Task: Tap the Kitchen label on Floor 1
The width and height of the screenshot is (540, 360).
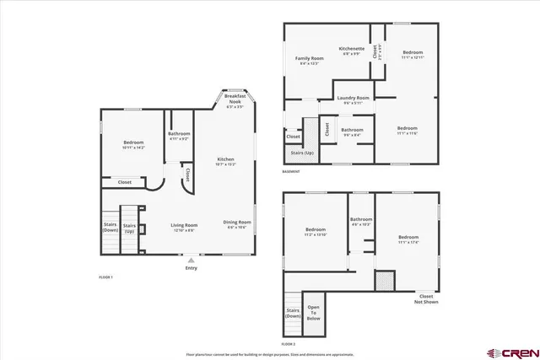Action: tap(225, 159)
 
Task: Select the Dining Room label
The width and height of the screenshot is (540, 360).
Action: tap(237, 223)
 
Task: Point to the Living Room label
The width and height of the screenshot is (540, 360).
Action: tap(184, 225)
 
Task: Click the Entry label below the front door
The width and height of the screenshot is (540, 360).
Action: tap(192, 268)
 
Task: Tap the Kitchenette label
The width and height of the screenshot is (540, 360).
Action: tap(352, 49)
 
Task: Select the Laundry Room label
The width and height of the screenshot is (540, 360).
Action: tap(354, 99)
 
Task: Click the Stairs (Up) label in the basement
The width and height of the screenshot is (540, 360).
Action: tap(302, 153)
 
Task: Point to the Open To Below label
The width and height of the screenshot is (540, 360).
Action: tap(313, 312)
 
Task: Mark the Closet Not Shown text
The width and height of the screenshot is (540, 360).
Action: tap(426, 298)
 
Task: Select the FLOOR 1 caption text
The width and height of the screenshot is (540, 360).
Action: tap(106, 277)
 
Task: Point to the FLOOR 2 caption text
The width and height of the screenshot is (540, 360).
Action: tap(289, 344)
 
